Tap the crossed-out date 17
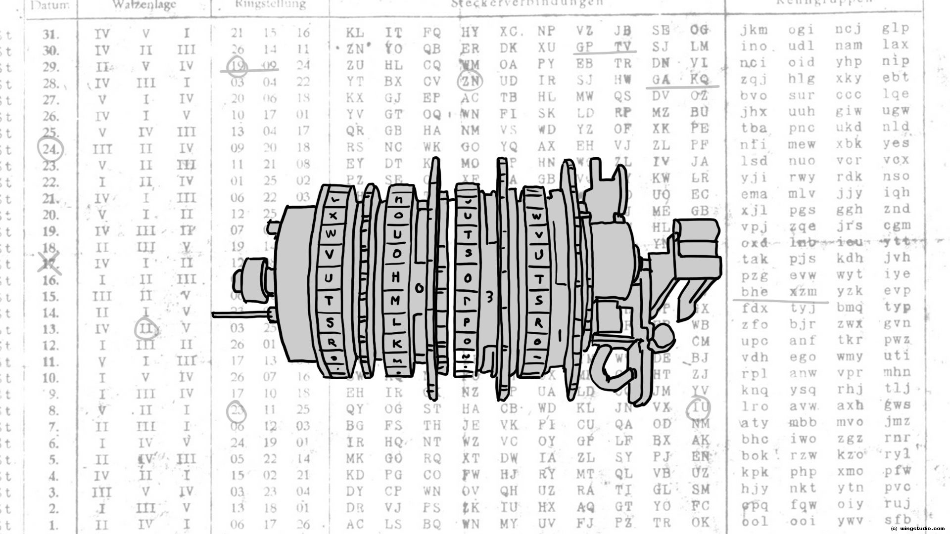pos(49,263)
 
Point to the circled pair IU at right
pos(699,407)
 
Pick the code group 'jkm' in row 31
pos(754,30)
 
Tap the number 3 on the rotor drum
pos(490,297)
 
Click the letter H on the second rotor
pos(396,277)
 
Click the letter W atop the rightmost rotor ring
pos(536,217)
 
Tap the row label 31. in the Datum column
pos(50,35)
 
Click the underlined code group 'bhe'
pos(754,291)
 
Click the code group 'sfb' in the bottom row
pos(897,520)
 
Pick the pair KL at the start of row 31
pos(355,33)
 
